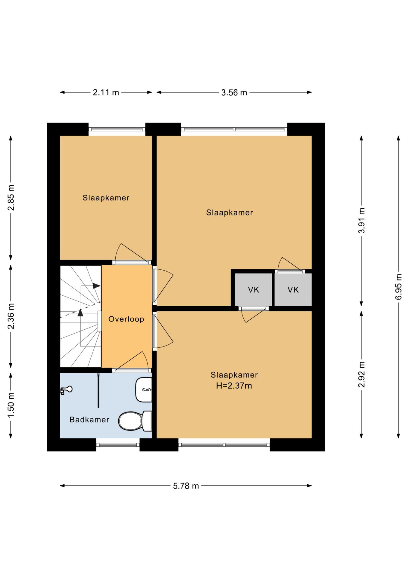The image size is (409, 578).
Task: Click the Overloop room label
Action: coord(126,319)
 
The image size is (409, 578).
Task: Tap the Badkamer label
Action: coord(89,420)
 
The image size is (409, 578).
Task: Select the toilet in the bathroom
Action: coord(135,421)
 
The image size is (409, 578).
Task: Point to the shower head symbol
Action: coord(66,390)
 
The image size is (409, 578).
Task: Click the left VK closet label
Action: coord(254,290)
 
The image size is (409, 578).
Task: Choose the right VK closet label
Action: coord(293,290)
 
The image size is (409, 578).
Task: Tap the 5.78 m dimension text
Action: coord(186,486)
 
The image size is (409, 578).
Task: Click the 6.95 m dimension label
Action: coord(398,287)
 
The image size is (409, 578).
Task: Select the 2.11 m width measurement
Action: coord(106,92)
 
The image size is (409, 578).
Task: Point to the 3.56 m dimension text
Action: coord(234,92)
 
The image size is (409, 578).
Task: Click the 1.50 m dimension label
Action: coord(11,405)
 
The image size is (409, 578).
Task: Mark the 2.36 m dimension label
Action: coord(11,316)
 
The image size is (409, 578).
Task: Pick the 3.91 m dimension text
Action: coord(361,220)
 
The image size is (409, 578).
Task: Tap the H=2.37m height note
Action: coord(234,386)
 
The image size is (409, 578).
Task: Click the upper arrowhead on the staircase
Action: coord(96,286)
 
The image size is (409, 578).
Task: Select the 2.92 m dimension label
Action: coord(361,374)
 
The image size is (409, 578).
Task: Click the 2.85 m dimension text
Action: coord(11,197)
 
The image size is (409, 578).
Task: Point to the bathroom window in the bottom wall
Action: coord(118,444)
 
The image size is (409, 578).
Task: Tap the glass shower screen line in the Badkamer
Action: coord(98,390)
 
